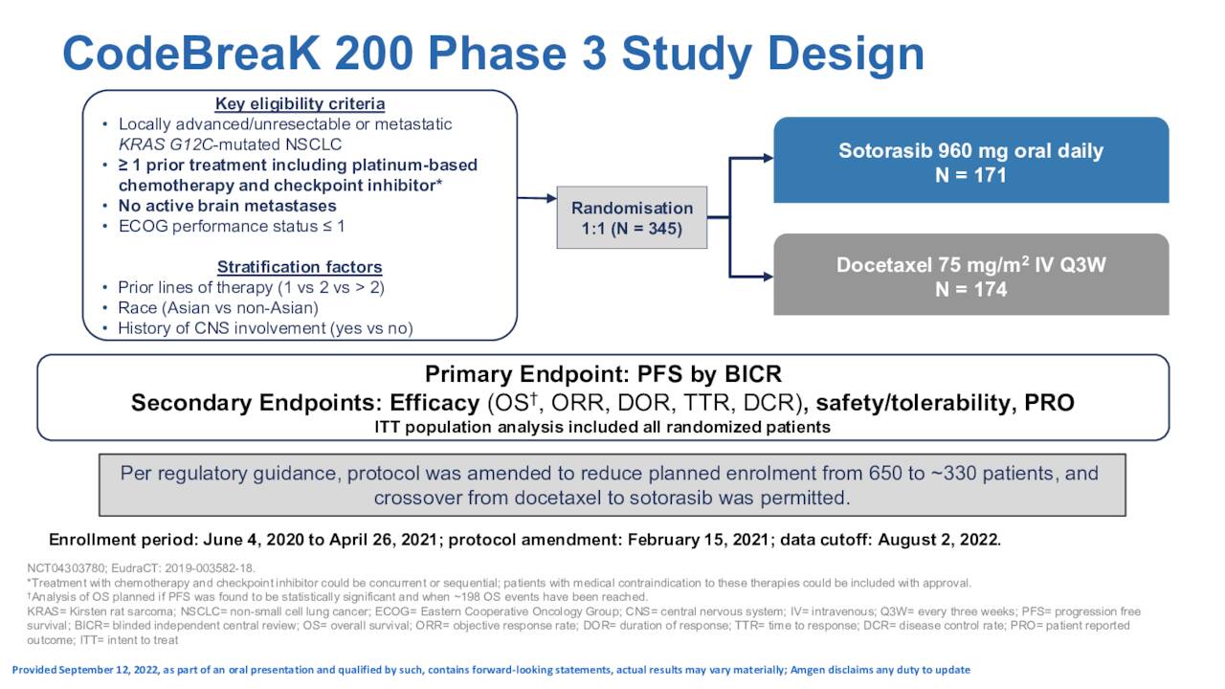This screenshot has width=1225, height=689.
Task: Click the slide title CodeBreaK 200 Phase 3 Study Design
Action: (x=493, y=55)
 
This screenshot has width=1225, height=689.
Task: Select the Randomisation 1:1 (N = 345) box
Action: (x=632, y=218)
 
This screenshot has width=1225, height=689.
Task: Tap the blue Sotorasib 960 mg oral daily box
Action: (x=970, y=161)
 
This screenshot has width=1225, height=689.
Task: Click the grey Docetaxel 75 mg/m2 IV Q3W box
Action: (x=970, y=276)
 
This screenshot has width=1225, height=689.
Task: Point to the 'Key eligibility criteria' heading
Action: (x=300, y=103)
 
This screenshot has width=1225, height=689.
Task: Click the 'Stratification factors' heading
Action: (x=300, y=267)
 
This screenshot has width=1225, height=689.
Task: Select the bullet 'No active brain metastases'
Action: (x=227, y=206)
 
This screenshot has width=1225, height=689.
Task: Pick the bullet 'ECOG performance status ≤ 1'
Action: (x=231, y=227)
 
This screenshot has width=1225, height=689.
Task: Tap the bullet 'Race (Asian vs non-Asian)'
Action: (x=217, y=308)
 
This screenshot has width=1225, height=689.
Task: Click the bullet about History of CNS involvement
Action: (x=265, y=328)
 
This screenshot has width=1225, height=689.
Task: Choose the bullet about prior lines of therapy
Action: (x=251, y=287)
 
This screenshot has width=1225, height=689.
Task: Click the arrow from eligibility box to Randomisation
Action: (x=536, y=199)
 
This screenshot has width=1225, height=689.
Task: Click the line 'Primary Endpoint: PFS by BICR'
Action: (x=603, y=374)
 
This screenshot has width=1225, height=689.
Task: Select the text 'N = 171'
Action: (x=970, y=175)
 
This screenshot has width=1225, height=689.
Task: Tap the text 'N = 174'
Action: (x=970, y=290)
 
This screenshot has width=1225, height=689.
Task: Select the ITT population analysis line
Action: (x=603, y=427)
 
